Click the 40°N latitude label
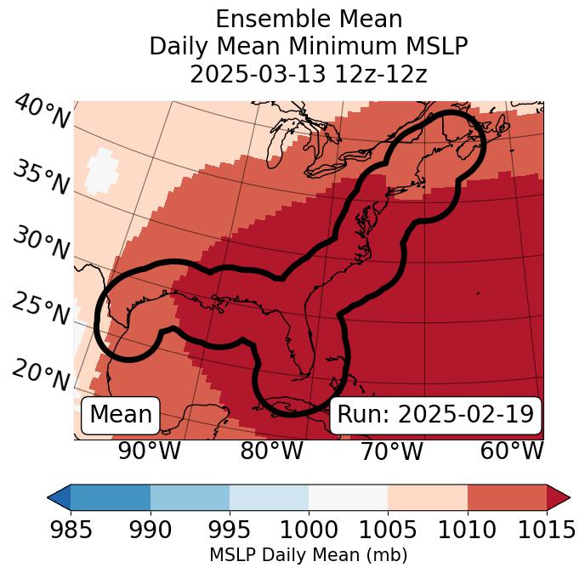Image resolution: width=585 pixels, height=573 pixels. (x=42, y=112)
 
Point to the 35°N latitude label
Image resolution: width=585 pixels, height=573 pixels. (x=42, y=178)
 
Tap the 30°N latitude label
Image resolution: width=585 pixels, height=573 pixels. (x=42, y=244)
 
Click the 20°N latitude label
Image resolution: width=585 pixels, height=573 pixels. (x=42, y=375)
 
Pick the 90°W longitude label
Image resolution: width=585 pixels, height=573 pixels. (x=150, y=451)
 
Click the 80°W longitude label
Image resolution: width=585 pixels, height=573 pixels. (x=271, y=451)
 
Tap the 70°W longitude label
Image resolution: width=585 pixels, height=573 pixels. (x=391, y=451)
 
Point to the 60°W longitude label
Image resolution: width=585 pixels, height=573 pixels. (x=512, y=451)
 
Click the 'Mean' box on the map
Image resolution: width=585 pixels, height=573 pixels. (x=121, y=415)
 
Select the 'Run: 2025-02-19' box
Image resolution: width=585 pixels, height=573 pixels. (x=435, y=415)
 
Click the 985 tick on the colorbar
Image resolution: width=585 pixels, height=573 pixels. (x=71, y=530)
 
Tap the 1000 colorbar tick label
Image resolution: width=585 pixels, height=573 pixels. (x=309, y=530)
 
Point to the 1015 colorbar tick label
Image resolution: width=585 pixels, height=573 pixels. (x=547, y=530)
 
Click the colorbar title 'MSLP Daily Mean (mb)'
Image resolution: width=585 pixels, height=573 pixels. (x=308, y=555)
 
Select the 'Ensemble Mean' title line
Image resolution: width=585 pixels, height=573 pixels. (x=309, y=19)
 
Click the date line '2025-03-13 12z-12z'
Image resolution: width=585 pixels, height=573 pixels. (x=309, y=74)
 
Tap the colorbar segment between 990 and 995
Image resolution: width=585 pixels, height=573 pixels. (x=190, y=497)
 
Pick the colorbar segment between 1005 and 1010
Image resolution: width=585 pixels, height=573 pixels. (x=428, y=497)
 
